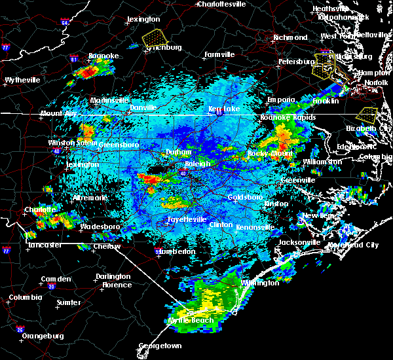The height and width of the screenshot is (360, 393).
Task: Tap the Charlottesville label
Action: tap(223, 4)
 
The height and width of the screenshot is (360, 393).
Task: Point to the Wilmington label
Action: tap(261, 283)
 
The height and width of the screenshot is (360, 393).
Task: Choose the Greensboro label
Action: tap(118, 144)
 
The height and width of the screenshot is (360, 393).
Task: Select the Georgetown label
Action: tap(160, 346)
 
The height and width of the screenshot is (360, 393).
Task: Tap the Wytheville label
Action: tap(22, 80)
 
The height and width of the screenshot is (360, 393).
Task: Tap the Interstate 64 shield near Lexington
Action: tap(65, 23)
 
